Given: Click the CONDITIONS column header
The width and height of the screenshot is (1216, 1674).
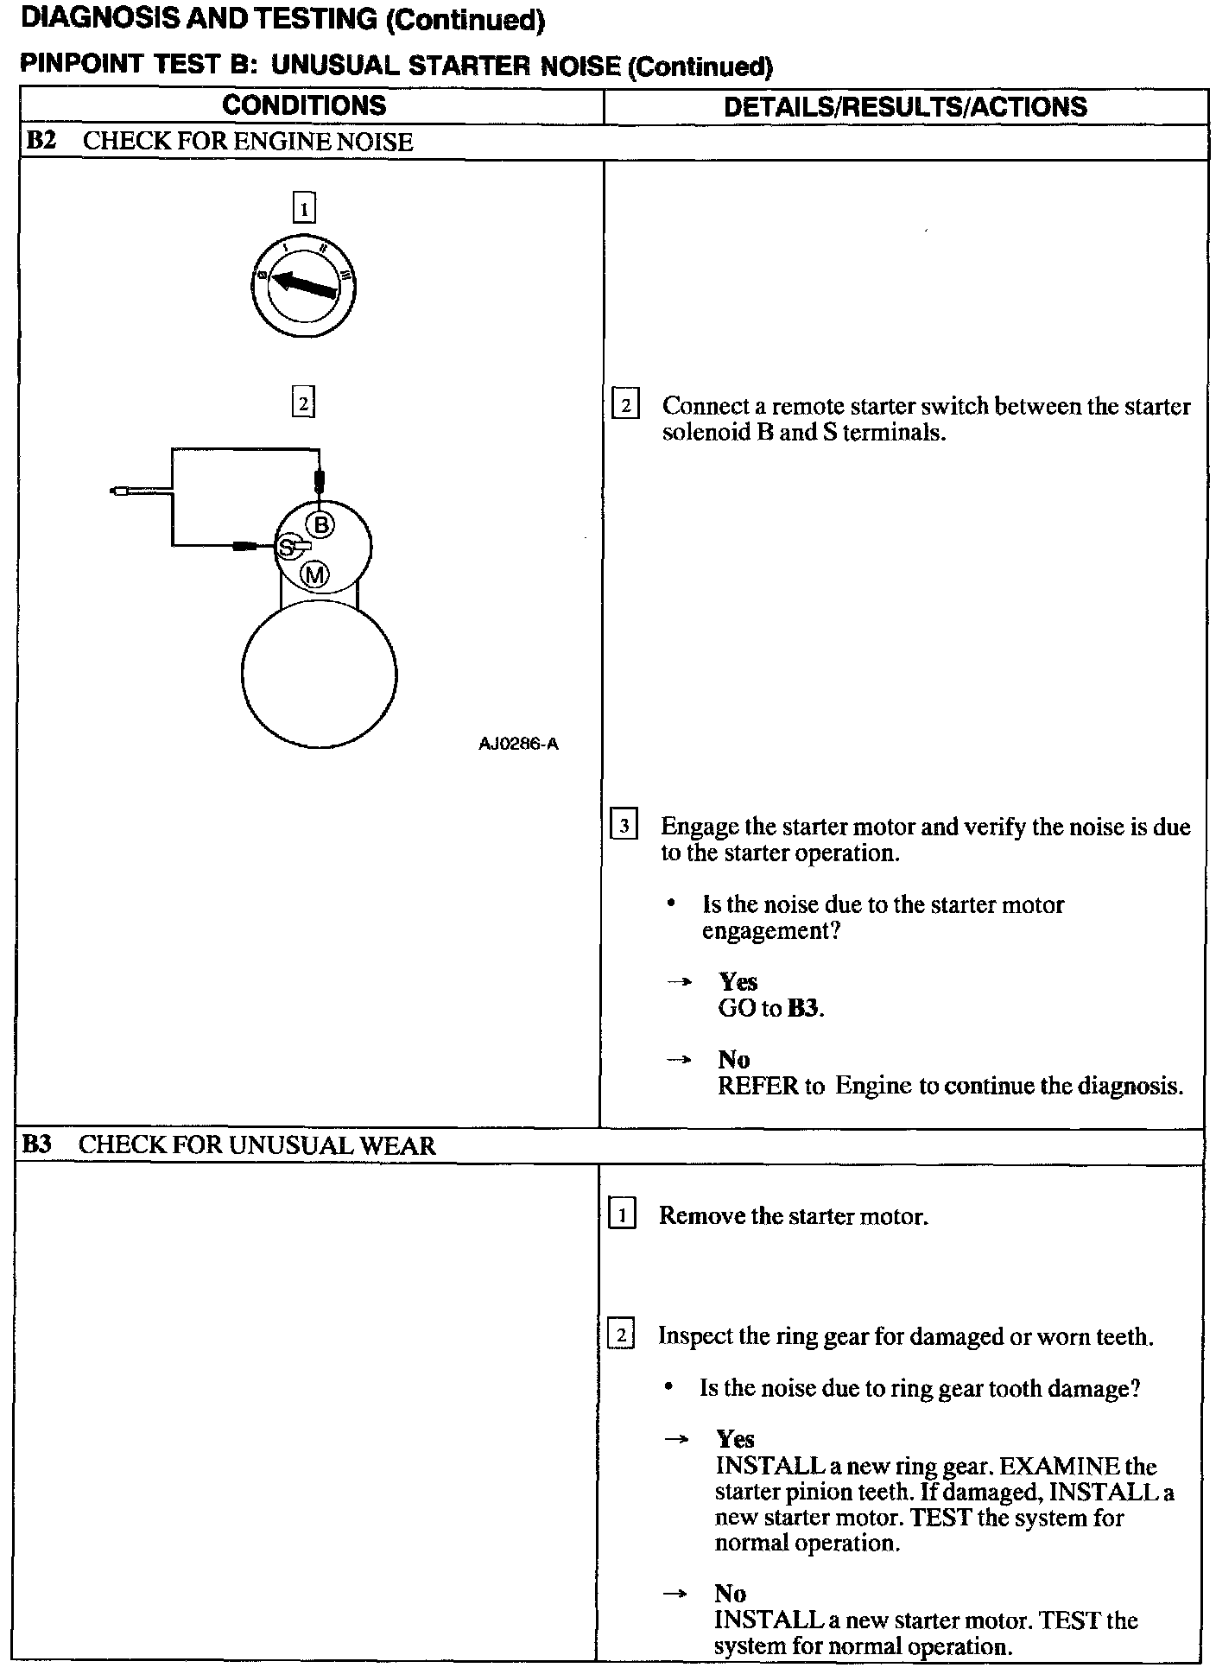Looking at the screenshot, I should pyautogui.click(x=304, y=105).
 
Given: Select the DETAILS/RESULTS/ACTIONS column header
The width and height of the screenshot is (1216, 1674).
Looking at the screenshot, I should pyautogui.click(x=905, y=106).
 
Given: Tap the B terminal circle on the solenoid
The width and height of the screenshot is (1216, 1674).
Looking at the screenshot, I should pyautogui.click(x=321, y=523).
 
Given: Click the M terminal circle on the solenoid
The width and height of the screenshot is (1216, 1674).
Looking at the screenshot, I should pyautogui.click(x=315, y=574).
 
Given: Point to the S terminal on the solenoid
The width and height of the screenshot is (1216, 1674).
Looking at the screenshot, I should pyautogui.click(x=286, y=547).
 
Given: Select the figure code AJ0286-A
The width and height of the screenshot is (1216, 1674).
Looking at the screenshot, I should pyautogui.click(x=518, y=744).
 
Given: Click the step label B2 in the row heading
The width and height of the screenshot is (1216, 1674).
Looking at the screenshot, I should pyautogui.click(x=41, y=142).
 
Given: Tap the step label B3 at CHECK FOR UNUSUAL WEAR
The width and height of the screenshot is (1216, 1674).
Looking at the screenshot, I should pyautogui.click(x=37, y=1145).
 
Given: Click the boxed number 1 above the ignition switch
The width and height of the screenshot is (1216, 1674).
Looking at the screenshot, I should pyautogui.click(x=304, y=208).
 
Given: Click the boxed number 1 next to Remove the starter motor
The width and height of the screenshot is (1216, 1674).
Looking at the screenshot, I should pyautogui.click(x=622, y=1214).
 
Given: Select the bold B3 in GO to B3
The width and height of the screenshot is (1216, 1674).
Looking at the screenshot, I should pyautogui.click(x=803, y=1008).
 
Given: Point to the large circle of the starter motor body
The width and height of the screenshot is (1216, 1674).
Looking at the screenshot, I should pyautogui.click(x=320, y=675).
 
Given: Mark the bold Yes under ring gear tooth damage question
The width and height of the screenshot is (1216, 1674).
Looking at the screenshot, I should pyautogui.click(x=735, y=1439).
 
